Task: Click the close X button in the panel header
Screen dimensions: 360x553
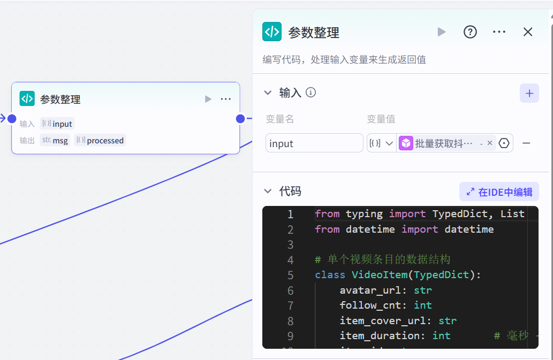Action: (x=528, y=32)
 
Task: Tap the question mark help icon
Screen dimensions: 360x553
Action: (x=470, y=32)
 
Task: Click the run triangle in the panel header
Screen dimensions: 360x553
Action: (x=441, y=32)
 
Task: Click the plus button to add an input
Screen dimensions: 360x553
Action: (x=529, y=93)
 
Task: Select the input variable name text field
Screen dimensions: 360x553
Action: (x=314, y=143)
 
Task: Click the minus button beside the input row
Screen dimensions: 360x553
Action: (x=526, y=143)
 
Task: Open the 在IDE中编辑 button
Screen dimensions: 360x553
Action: (x=499, y=192)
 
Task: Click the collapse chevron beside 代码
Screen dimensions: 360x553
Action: (x=268, y=192)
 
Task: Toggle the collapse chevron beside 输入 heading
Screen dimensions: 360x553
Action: (x=268, y=93)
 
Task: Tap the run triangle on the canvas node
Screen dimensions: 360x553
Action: (x=208, y=99)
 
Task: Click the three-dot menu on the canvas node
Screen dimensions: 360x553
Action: (x=225, y=99)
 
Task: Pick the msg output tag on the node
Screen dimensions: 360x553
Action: (x=55, y=141)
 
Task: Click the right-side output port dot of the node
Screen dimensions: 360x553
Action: (x=240, y=118)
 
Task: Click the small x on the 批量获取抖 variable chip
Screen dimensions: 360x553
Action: (x=490, y=143)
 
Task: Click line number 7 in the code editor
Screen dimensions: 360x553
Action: (x=290, y=305)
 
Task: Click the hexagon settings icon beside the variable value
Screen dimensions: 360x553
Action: (x=504, y=143)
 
